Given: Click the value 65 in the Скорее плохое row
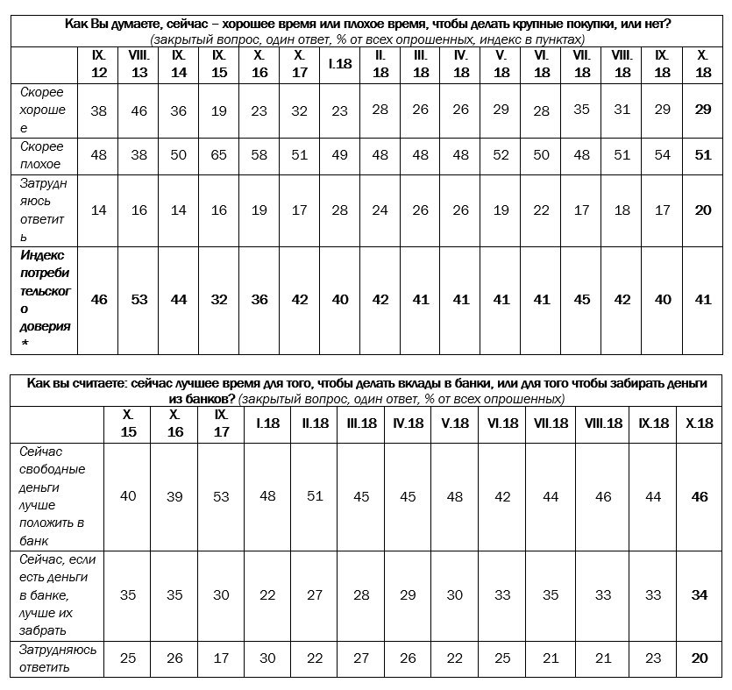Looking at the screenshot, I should [219, 155].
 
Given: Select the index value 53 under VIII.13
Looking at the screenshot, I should [139, 299].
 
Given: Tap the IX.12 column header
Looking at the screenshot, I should [99, 64].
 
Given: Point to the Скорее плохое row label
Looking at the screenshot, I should [41, 155].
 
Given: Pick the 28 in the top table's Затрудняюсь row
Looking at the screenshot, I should [339, 210].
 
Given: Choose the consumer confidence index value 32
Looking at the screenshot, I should [219, 299].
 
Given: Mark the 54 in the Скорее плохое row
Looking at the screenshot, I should [663, 155].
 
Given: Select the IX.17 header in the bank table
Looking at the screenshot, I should [221, 423].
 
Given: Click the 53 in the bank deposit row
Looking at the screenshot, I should [221, 496].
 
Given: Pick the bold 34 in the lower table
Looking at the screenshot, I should [700, 594].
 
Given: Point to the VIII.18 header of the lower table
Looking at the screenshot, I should [602, 423].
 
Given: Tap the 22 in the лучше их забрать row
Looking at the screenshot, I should [267, 594].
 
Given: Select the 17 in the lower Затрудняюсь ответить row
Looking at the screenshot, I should [221, 658].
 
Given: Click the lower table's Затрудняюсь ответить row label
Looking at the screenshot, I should [57, 658].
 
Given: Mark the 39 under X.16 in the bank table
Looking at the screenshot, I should [174, 496].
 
